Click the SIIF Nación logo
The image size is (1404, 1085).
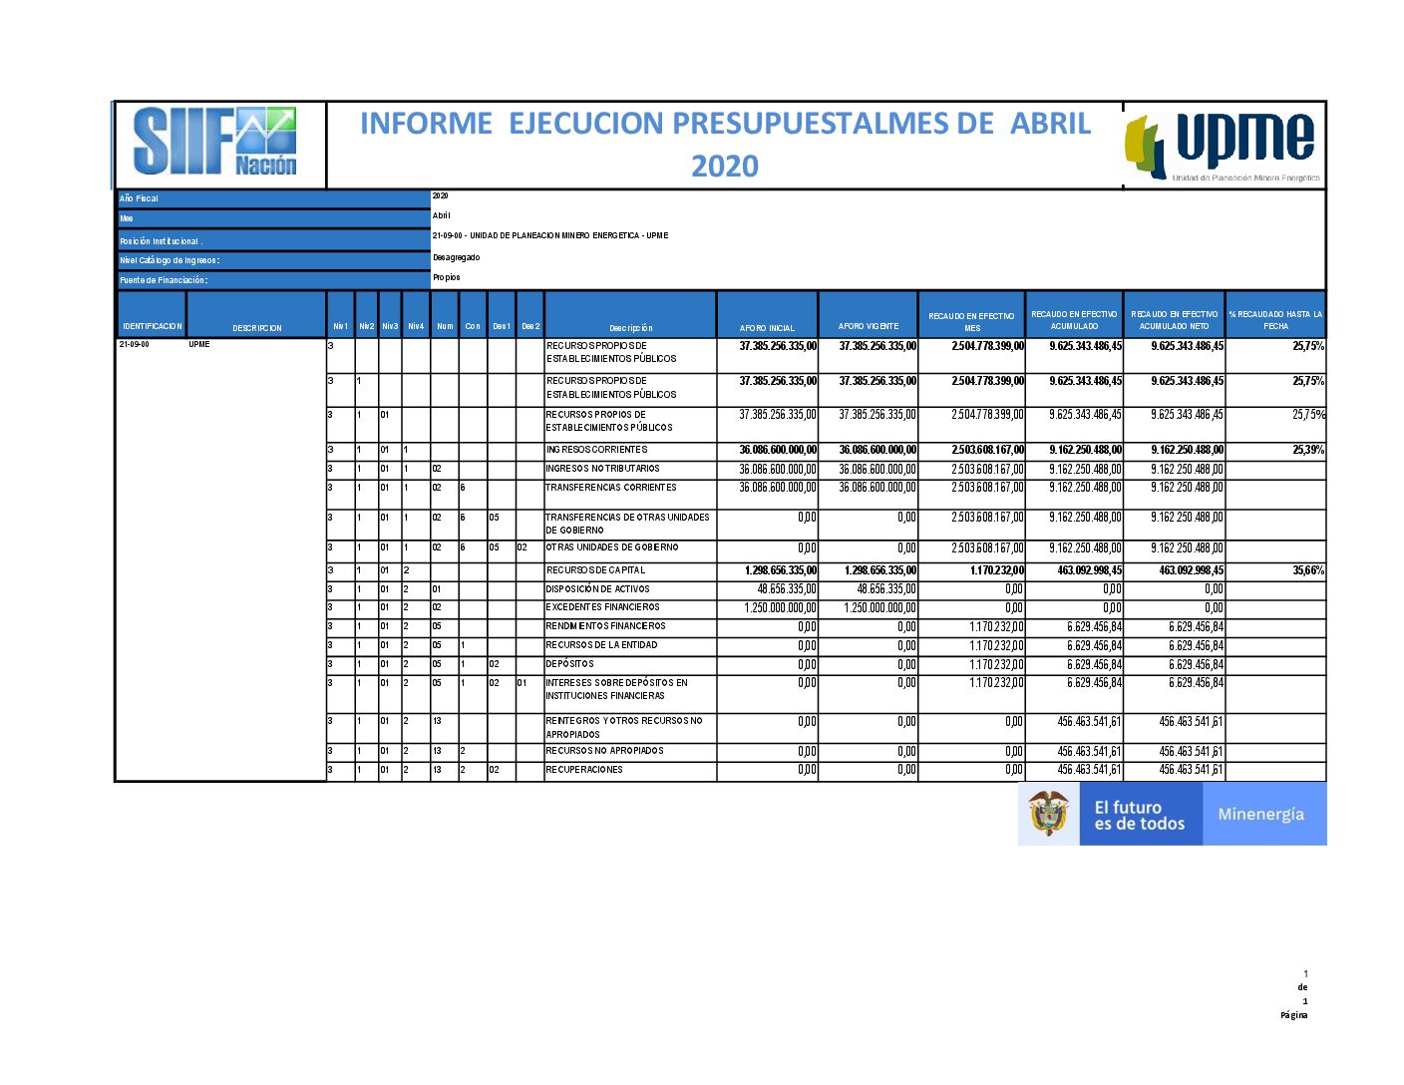[x=215, y=142]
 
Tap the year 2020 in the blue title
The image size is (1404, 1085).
[x=725, y=166]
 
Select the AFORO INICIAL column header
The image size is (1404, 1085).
[x=767, y=327]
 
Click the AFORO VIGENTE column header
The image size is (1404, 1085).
[x=868, y=326]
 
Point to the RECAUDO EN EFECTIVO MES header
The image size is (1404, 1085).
[x=971, y=321]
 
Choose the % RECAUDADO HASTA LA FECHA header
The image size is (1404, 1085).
[x=1275, y=320]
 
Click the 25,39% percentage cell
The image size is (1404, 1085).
[x=1308, y=450]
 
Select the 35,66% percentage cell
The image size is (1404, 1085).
[x=1308, y=570]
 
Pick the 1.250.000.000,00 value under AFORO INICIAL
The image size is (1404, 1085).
[x=781, y=608]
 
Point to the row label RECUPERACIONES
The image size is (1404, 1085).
[x=584, y=770]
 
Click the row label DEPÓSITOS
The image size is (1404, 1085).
[x=569, y=664]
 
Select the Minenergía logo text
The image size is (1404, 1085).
[x=1260, y=815]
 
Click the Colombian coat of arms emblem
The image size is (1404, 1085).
[x=1048, y=814]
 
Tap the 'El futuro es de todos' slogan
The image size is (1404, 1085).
[x=1139, y=816]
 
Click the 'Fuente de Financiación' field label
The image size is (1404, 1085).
[x=164, y=280]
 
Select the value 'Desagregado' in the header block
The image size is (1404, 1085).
[x=456, y=257]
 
